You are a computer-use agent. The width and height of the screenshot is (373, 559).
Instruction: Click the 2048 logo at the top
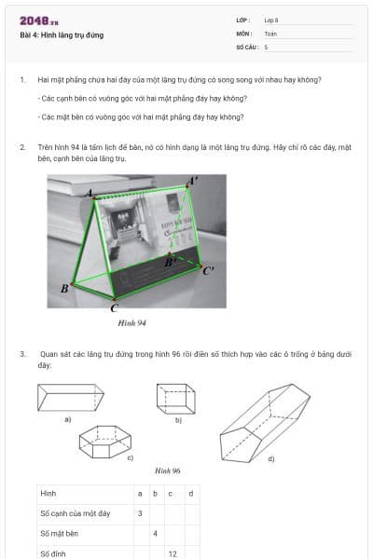click(x=38, y=20)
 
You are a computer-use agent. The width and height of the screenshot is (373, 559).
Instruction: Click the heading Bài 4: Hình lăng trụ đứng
click(x=62, y=35)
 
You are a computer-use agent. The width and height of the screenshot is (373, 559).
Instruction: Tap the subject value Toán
click(x=270, y=33)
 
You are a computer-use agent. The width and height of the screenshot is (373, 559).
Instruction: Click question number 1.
click(x=22, y=80)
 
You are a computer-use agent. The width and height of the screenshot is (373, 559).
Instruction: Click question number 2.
click(x=22, y=147)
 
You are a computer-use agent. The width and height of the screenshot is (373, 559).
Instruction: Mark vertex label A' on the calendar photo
click(x=192, y=180)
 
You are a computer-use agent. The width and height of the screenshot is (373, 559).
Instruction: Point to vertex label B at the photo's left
click(x=64, y=288)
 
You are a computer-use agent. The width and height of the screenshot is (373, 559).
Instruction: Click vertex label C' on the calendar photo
click(x=209, y=270)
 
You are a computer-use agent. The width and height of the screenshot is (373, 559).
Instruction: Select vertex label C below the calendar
click(x=114, y=307)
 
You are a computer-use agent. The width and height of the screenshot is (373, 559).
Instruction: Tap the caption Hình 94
click(x=133, y=323)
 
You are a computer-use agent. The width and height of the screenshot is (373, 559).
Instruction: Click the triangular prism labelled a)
click(x=71, y=399)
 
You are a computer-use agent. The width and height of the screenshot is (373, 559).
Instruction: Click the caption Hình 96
click(x=168, y=472)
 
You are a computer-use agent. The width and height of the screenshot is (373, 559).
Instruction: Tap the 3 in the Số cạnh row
click(x=140, y=512)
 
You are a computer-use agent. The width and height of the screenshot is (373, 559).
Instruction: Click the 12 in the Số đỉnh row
click(x=173, y=553)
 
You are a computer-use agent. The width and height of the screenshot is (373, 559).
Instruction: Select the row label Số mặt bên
click(x=58, y=533)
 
